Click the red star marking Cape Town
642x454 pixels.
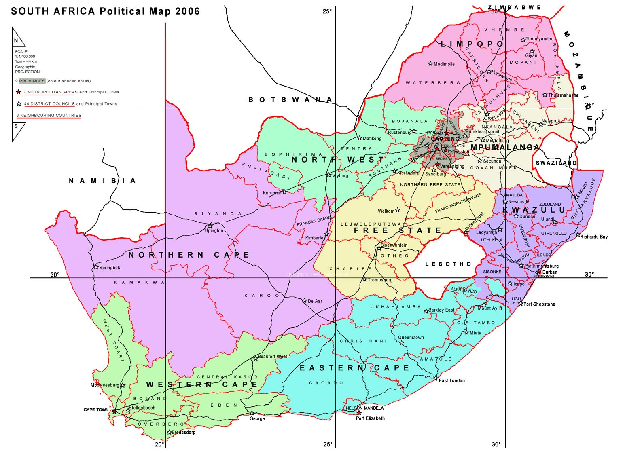[114, 412]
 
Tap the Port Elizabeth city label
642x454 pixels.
[370, 418]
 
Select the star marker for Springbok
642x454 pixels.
[96, 267]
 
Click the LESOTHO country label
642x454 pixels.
[448, 264]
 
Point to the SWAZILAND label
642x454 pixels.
[556, 163]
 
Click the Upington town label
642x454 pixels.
[214, 231]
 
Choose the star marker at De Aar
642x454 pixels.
[305, 301]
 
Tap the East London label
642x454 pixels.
[451, 380]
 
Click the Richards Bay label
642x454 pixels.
[593, 237]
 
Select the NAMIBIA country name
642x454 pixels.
[102, 181]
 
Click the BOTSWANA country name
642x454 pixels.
[290, 100]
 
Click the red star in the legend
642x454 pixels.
[18, 92]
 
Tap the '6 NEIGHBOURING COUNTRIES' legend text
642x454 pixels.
[49, 116]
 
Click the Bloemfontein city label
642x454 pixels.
[394, 245]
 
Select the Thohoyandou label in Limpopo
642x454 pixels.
[539, 39]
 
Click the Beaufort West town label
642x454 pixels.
[272, 357]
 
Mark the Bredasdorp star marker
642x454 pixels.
[169, 433]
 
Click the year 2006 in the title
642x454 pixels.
[187, 11]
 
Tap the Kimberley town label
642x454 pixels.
[315, 238]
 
